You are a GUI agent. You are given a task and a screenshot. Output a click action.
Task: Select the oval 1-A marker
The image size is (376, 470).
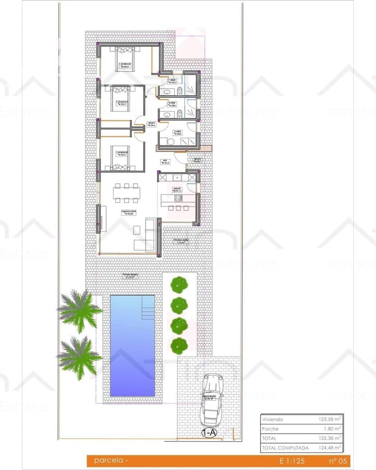209,433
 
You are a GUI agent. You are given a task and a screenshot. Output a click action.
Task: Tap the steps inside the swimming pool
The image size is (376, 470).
148,312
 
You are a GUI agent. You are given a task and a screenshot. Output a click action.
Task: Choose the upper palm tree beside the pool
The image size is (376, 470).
80,311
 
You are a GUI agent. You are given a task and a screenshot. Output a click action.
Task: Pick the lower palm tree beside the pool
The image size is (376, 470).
80,358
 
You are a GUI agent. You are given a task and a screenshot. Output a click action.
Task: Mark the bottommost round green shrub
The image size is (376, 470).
179,345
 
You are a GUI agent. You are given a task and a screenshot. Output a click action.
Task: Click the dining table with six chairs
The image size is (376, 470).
127,193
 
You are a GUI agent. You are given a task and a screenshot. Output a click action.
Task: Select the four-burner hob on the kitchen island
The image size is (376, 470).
178,197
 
